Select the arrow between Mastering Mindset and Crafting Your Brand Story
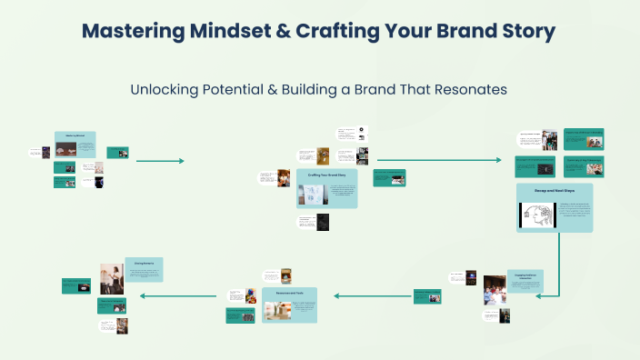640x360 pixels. (160, 161)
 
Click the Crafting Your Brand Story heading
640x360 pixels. (325, 172)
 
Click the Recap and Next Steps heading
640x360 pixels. (554, 189)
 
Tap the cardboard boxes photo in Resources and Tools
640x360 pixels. (277, 310)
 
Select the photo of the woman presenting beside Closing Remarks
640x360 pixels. (111, 278)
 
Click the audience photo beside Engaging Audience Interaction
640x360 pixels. (495, 288)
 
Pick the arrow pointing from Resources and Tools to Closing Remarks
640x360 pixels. (178, 295)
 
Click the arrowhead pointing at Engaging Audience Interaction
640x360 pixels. (540, 295)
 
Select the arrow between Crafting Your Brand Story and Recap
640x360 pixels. (438, 161)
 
